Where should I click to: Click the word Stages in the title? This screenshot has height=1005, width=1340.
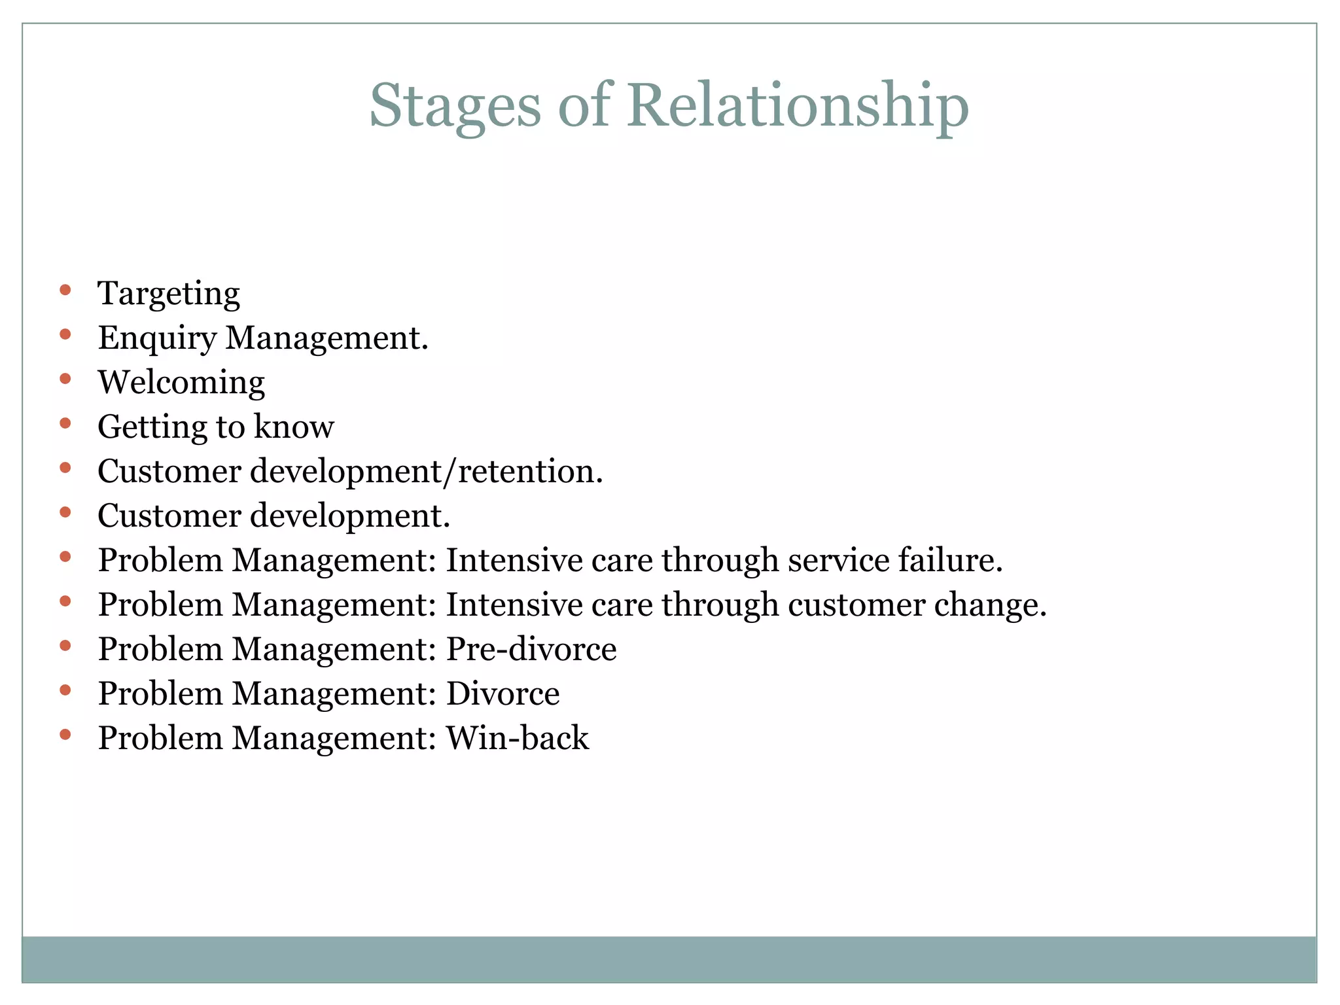[x=455, y=106]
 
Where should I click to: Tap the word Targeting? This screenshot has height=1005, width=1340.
[x=169, y=294]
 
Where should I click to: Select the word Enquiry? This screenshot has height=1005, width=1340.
[x=157, y=339]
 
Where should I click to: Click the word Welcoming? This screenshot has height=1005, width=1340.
[x=181, y=383]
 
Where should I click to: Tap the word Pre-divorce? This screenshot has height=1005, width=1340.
[x=531, y=650]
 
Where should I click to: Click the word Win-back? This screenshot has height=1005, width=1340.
[x=517, y=739]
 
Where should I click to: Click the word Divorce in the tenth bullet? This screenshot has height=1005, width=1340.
[x=502, y=694]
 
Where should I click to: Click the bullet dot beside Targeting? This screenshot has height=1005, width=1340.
[x=65, y=290]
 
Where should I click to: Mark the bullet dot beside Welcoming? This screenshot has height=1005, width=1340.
[x=65, y=379]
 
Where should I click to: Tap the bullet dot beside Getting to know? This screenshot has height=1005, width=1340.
[x=65, y=423]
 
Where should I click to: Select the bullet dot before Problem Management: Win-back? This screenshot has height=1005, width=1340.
[x=65, y=735]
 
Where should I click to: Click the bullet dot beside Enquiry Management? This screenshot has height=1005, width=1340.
[x=65, y=334]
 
